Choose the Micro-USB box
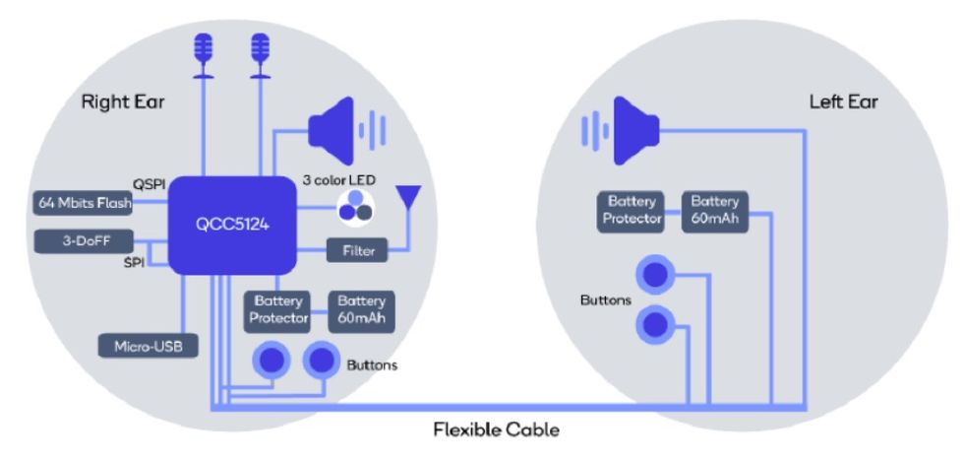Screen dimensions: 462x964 [x=148, y=346]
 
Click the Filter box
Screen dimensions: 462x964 [x=358, y=250]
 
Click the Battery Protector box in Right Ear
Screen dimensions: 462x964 [x=278, y=310]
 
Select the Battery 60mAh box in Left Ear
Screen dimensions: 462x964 [x=715, y=210]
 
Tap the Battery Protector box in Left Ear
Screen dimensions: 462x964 [x=631, y=210]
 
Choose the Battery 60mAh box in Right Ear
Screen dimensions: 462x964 [x=361, y=310]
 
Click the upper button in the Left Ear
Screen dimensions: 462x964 [x=655, y=274]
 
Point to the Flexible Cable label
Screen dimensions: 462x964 [x=496, y=429]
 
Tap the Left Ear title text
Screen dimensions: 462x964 [x=843, y=101]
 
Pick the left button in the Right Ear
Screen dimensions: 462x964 [x=272, y=362]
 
